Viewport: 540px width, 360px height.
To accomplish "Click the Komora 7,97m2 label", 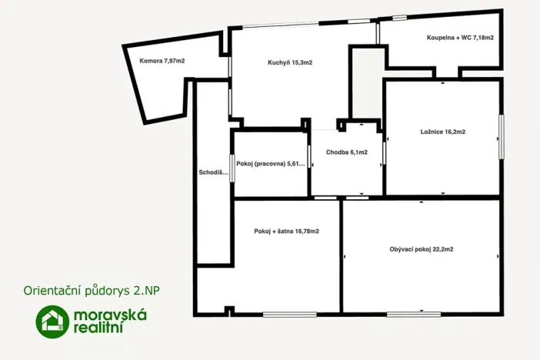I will (x=162, y=61).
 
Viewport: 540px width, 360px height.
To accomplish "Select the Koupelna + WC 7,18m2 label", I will (x=460, y=38).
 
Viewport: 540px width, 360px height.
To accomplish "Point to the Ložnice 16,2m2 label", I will (x=443, y=132).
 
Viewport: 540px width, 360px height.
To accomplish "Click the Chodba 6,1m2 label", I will (x=346, y=152).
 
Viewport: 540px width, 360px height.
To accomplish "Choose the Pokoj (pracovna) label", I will (x=270, y=164).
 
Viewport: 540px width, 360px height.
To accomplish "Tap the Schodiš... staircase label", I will (x=213, y=172).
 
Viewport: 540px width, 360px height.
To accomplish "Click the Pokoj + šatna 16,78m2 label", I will (x=286, y=231).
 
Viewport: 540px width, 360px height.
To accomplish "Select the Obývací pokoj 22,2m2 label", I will (x=422, y=248).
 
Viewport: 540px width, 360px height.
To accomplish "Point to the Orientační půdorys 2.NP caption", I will (x=97, y=292).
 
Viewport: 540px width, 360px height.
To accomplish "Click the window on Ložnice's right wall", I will (x=501, y=136).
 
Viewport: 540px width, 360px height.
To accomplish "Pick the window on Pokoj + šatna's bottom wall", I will (x=288, y=313).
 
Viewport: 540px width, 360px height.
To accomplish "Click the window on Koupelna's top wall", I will (x=399, y=17).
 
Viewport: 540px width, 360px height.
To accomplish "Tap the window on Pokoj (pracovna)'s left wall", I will (x=234, y=164).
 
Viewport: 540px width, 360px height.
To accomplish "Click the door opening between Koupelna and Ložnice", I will (x=445, y=78).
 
